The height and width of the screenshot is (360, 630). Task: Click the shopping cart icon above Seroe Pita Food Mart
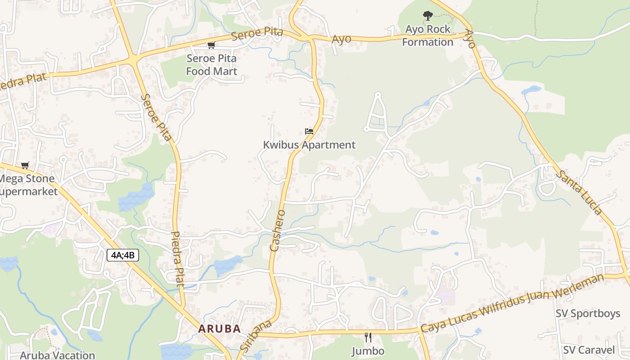click(x=211, y=45)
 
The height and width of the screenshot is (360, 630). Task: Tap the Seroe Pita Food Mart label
click(x=211, y=64)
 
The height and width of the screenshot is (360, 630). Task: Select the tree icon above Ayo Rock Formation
click(x=427, y=16)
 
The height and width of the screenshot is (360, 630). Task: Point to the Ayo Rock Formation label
click(x=427, y=36)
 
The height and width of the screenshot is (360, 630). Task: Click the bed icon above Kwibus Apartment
click(x=309, y=132)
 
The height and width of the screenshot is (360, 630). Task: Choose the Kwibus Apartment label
click(x=309, y=145)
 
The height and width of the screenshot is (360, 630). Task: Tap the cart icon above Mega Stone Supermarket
click(x=25, y=166)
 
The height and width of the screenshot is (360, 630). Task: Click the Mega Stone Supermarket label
click(x=27, y=185)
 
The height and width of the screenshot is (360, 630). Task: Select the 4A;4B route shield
click(x=123, y=256)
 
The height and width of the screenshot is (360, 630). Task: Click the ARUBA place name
click(x=220, y=329)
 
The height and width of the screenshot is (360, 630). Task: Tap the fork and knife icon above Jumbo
click(x=368, y=337)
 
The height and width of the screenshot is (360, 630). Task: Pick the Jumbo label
click(x=368, y=351)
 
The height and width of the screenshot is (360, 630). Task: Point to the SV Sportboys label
click(x=588, y=314)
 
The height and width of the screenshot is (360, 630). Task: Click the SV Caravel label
click(x=589, y=350)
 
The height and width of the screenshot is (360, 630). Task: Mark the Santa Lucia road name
click(x=579, y=192)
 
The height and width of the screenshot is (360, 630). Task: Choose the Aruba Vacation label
click(x=57, y=355)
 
